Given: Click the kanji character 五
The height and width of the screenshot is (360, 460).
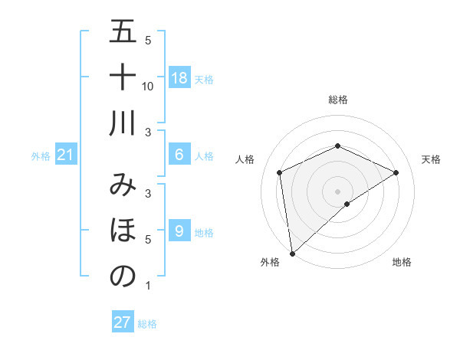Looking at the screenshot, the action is [123, 32].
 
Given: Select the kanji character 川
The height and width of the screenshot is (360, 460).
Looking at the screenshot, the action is [123, 122].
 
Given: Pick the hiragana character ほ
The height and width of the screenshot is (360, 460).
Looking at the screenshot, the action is [123, 230].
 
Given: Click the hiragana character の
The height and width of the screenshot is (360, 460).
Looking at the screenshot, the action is [123, 276].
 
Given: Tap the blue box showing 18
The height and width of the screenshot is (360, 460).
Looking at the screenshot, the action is [179, 78].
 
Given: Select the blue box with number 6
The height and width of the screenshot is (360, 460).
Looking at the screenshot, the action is [179, 155].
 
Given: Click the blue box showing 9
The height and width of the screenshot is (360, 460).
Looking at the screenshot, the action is [179, 231].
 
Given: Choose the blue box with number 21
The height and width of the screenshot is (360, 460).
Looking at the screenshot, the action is [66, 155].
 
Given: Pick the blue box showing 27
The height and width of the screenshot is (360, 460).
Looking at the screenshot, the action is [123, 322].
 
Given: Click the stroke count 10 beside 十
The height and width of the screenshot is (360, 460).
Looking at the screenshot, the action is [148, 86].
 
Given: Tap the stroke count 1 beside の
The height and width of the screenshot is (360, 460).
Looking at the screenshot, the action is [147, 286].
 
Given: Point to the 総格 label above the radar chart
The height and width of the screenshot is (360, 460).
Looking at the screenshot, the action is [337, 100].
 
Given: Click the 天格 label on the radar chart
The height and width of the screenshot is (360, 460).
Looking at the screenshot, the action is [431, 159].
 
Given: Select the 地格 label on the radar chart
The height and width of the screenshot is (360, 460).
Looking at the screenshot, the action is [402, 263].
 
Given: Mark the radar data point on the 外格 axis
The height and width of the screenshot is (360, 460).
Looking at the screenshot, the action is [292, 253].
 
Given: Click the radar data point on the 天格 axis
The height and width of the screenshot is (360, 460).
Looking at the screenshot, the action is [396, 172].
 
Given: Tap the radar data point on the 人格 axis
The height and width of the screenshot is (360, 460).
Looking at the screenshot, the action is [280, 172].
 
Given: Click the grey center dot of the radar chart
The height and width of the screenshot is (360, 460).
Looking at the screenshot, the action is [337, 191].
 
